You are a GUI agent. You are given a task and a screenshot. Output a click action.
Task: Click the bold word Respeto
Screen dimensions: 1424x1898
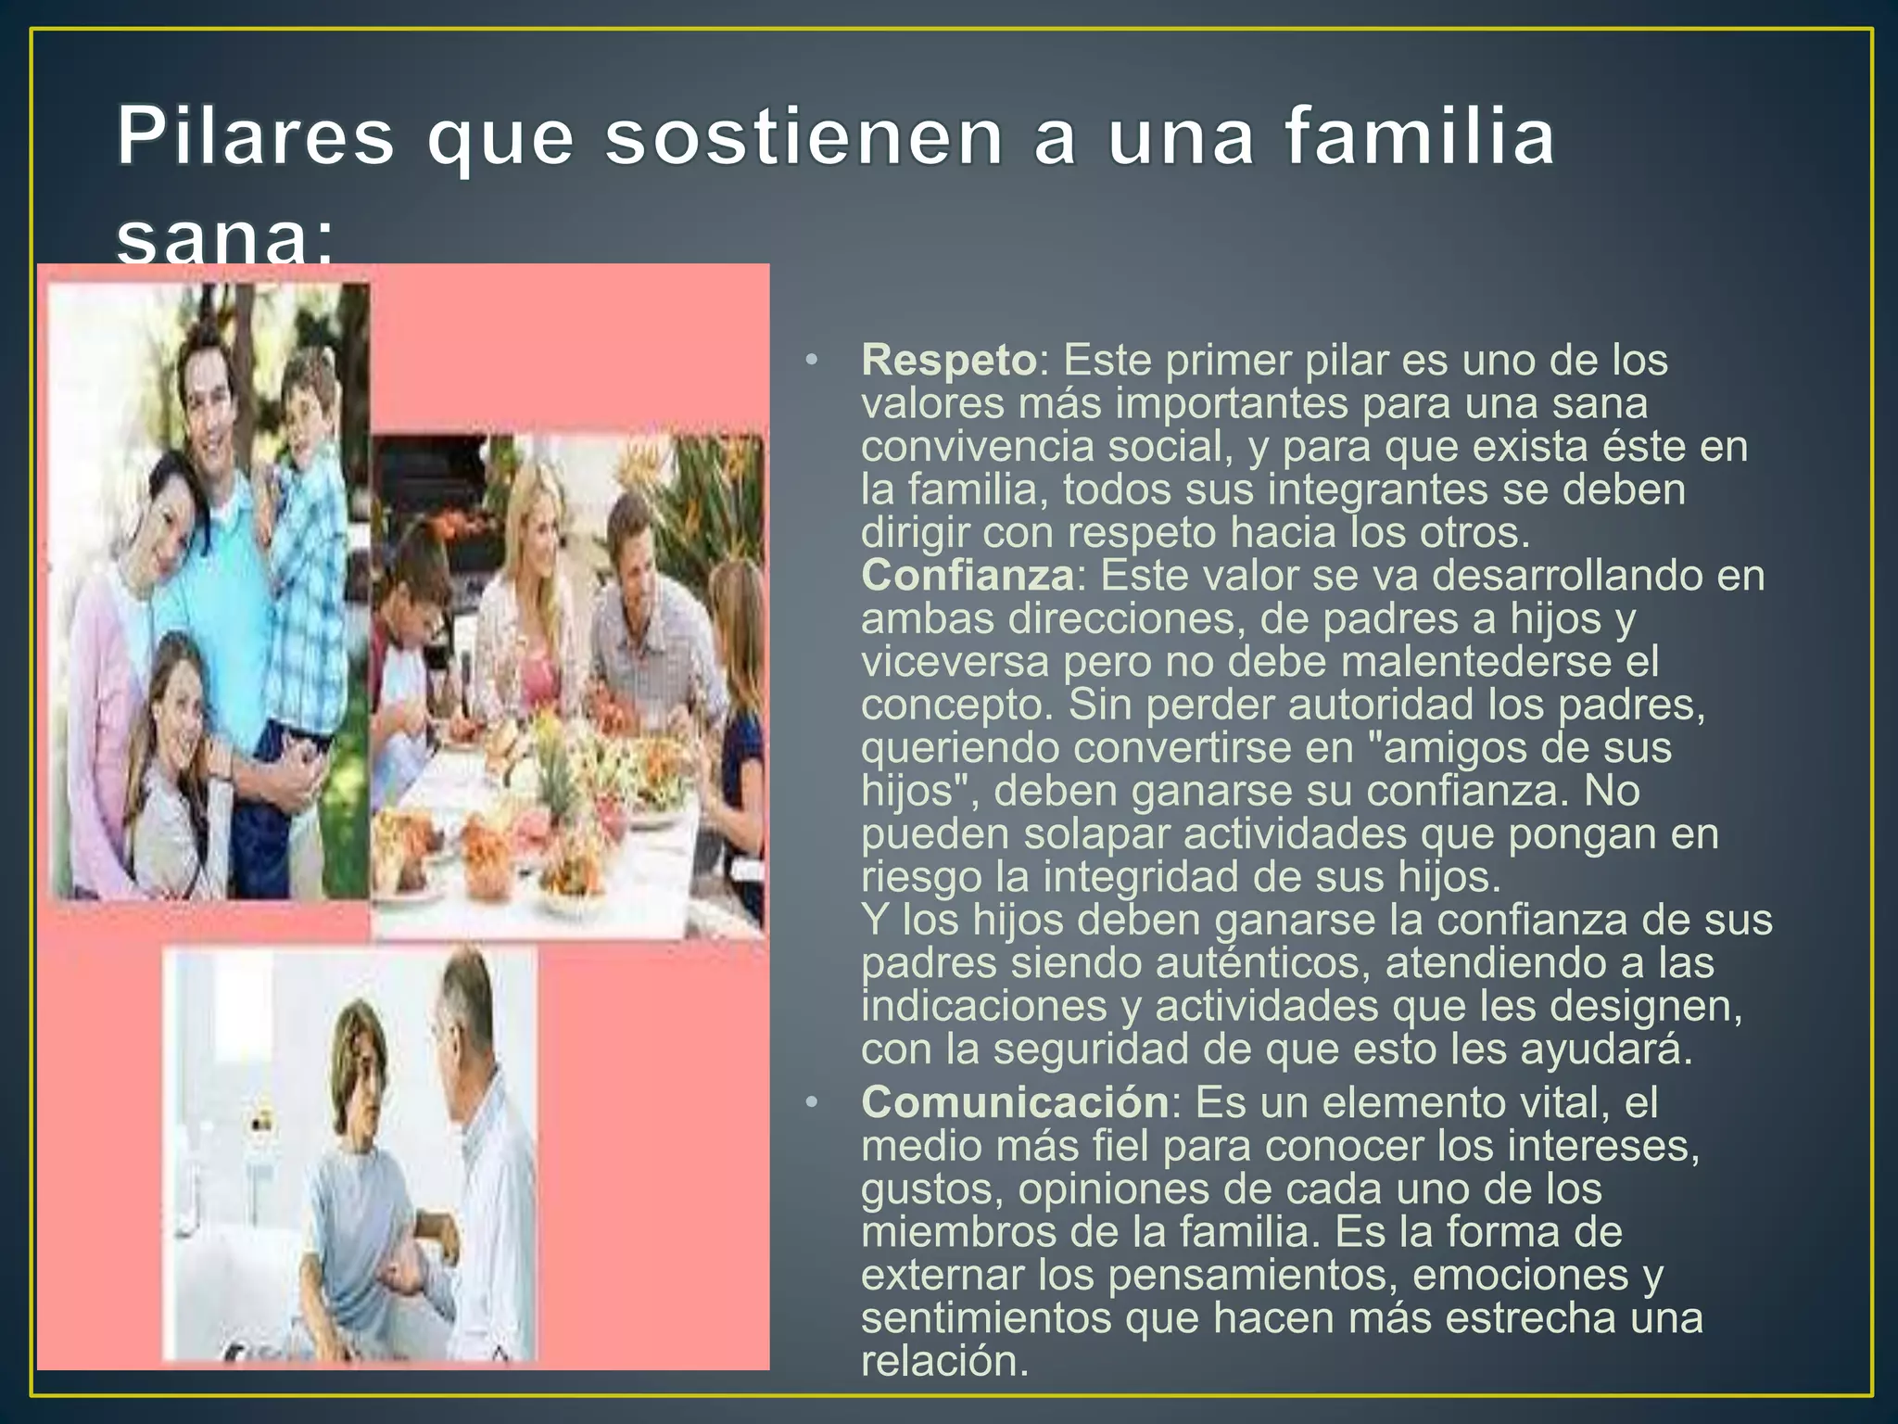click(x=948, y=360)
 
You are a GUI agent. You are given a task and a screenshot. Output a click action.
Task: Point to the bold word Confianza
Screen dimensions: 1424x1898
click(x=967, y=575)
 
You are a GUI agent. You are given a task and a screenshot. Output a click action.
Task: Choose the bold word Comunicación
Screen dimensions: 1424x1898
click(x=1015, y=1102)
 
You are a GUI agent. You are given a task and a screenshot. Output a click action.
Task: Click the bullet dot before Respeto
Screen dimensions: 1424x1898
click(x=812, y=361)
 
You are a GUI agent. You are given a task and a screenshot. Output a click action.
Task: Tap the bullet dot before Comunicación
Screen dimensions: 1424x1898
click(x=812, y=1103)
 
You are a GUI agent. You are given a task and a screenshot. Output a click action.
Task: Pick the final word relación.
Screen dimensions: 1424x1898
click(x=944, y=1361)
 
